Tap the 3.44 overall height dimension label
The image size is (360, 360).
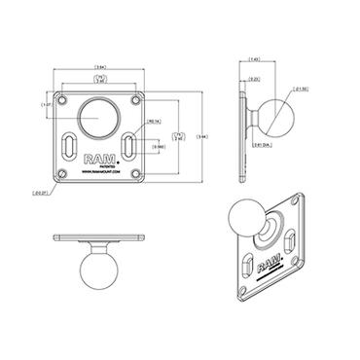[200, 137]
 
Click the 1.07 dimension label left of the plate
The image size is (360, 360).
[45, 106]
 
